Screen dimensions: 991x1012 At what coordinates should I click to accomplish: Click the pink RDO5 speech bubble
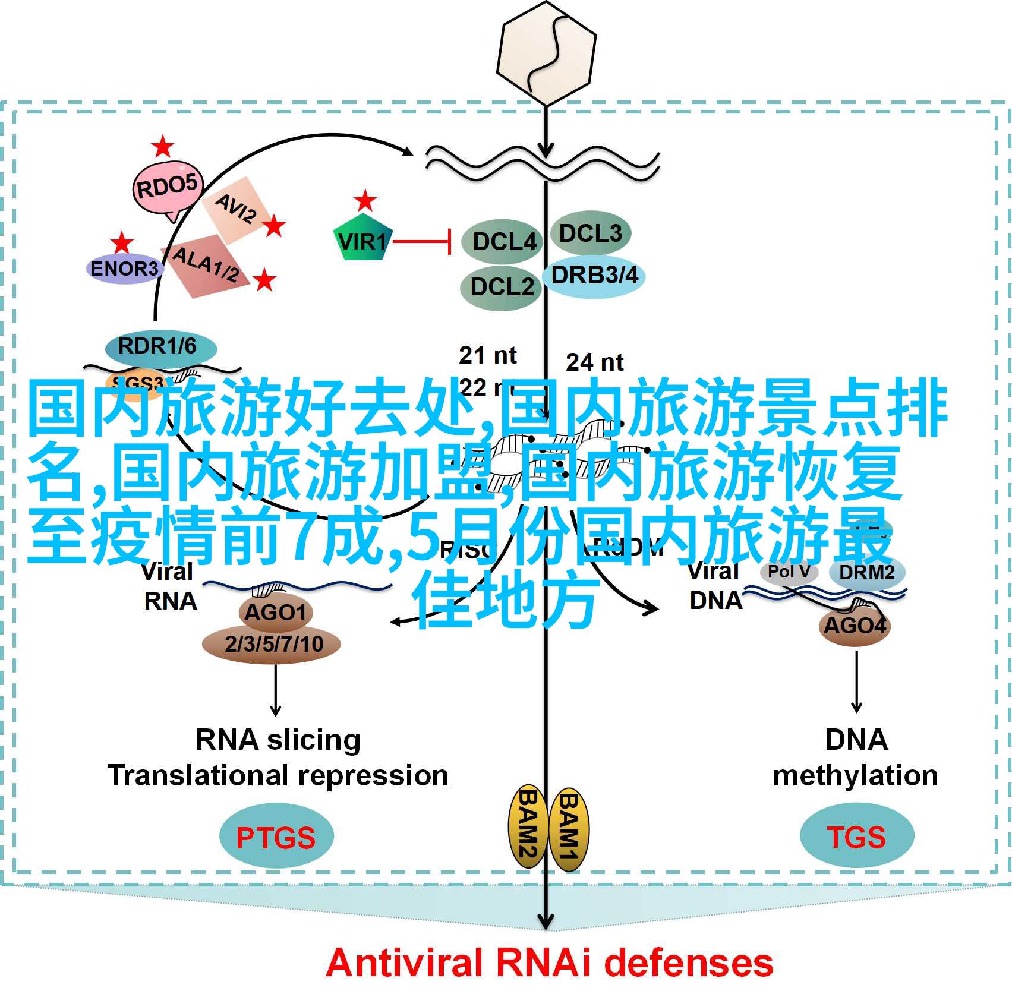167,188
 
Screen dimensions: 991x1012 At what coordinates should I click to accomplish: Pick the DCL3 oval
590,233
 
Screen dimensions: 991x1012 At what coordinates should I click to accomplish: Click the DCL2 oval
500,288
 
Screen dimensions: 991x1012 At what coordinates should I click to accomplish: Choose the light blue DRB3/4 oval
594,276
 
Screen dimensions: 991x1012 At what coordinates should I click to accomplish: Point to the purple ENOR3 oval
124,269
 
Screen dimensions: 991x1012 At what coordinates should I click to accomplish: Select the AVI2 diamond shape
235,209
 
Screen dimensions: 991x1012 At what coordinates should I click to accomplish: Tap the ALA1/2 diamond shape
205,265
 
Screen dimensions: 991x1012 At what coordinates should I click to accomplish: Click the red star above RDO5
162,147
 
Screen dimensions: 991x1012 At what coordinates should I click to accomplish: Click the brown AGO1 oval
275,612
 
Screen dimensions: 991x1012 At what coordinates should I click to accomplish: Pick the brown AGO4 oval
855,625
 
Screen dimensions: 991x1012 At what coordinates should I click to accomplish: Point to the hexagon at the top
546,54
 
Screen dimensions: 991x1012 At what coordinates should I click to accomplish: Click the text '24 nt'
594,362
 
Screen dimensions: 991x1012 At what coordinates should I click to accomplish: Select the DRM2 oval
867,572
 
